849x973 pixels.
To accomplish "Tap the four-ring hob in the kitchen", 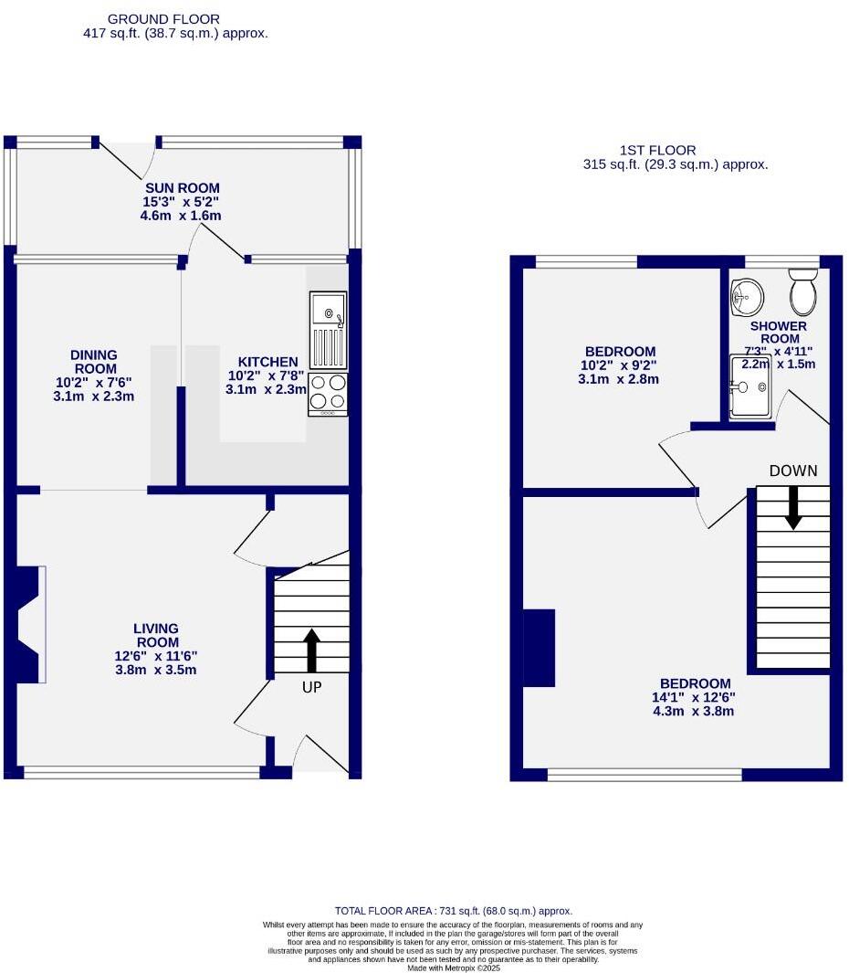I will tap(328, 392).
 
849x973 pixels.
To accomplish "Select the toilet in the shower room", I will tap(803, 291).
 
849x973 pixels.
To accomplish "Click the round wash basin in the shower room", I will tap(746, 293).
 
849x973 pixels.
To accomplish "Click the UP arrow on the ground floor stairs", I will tap(311, 650).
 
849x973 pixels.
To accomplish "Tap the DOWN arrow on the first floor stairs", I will tap(793, 506).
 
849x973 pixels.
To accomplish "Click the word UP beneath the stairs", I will tap(311, 687).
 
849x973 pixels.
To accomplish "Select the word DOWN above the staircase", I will tap(793, 471).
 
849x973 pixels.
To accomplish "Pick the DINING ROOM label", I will tap(95, 362).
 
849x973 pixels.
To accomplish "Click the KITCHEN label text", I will tap(267, 362).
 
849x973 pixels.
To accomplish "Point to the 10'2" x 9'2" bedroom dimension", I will tap(620, 365).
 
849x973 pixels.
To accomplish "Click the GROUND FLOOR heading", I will tap(163, 18).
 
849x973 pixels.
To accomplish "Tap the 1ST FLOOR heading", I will tap(657, 150).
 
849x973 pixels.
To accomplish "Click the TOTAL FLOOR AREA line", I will tap(453, 911).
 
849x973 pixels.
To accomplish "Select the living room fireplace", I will tap(29, 624).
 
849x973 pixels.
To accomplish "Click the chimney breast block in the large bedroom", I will tap(539, 647).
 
